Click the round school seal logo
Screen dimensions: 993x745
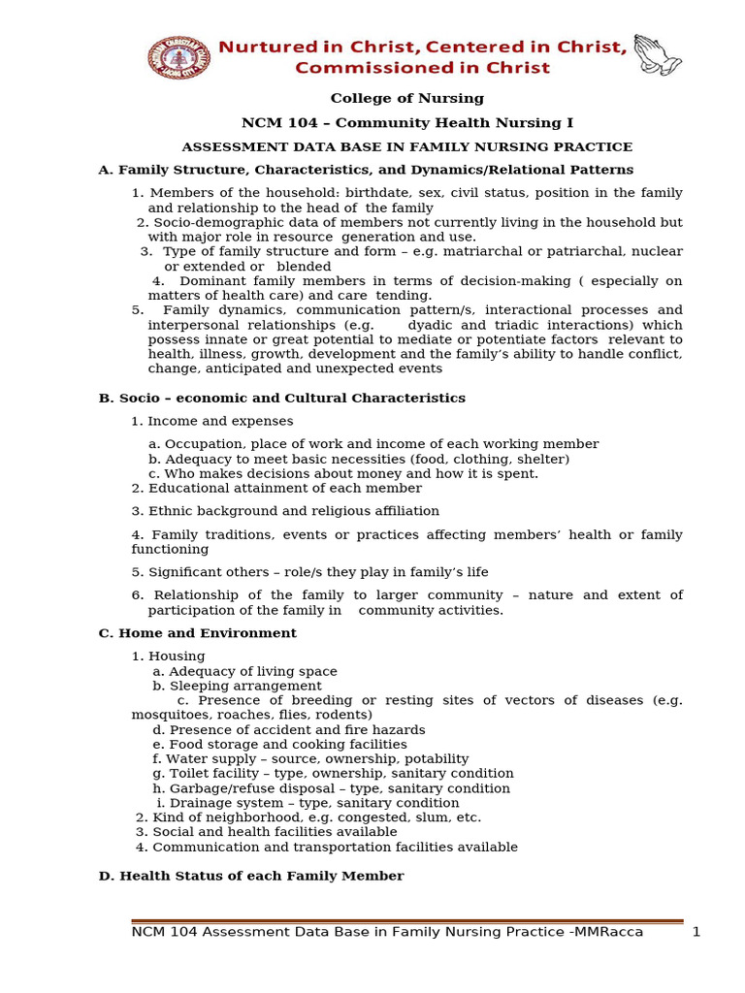[178, 57]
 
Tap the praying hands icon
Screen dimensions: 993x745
[657, 54]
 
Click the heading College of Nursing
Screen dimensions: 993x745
[406, 99]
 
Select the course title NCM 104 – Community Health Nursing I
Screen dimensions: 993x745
[406, 123]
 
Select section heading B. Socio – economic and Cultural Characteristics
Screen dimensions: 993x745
[282, 399]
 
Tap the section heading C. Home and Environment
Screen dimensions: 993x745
[198, 633]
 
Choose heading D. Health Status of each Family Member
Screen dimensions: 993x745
[251, 877]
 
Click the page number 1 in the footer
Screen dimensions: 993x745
[696, 933]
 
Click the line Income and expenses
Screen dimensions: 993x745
[220, 422]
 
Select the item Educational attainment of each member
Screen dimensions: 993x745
[284, 489]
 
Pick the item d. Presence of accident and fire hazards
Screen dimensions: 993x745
[288, 730]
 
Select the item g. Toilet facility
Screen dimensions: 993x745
[333, 774]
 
